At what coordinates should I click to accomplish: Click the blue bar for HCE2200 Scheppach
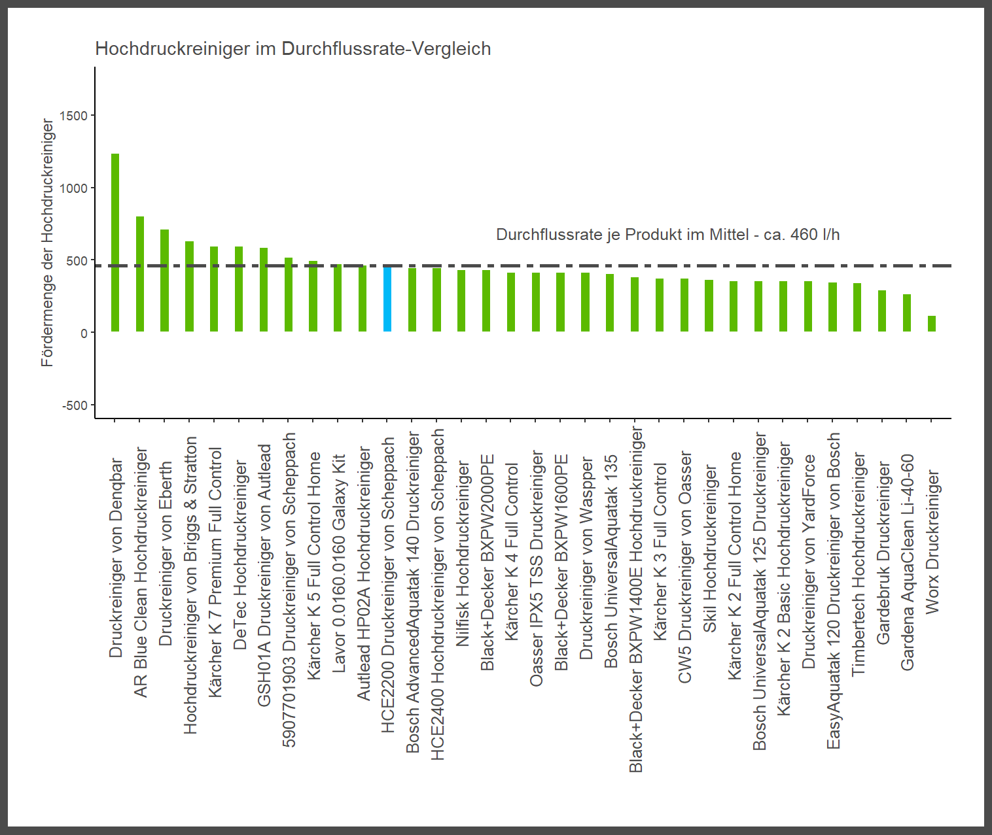pos(387,299)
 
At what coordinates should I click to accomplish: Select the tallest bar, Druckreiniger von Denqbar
pos(115,243)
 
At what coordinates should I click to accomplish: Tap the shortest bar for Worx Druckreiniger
pos(932,324)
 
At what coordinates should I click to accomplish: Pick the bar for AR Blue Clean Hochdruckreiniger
pos(140,274)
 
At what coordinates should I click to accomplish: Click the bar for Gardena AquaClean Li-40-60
pos(907,313)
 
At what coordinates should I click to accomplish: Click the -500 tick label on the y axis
pos(75,405)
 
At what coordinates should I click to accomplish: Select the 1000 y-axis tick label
pos(73,188)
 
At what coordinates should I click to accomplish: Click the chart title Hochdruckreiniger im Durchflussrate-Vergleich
pos(293,49)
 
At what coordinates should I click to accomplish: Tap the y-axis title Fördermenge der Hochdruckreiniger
pos(47,243)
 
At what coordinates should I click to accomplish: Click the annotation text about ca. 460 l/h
pos(667,235)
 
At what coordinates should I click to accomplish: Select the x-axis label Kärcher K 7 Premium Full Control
pos(215,572)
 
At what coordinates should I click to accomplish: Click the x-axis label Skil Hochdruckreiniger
pos(710,549)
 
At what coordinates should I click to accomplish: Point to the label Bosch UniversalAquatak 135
pos(611,561)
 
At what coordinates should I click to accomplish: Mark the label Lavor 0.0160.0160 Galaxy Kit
pos(339,563)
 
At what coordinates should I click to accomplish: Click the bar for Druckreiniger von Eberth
pos(165,281)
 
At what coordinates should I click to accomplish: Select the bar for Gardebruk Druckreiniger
pos(882,311)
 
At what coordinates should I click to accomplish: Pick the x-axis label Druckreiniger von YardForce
pos(809,561)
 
